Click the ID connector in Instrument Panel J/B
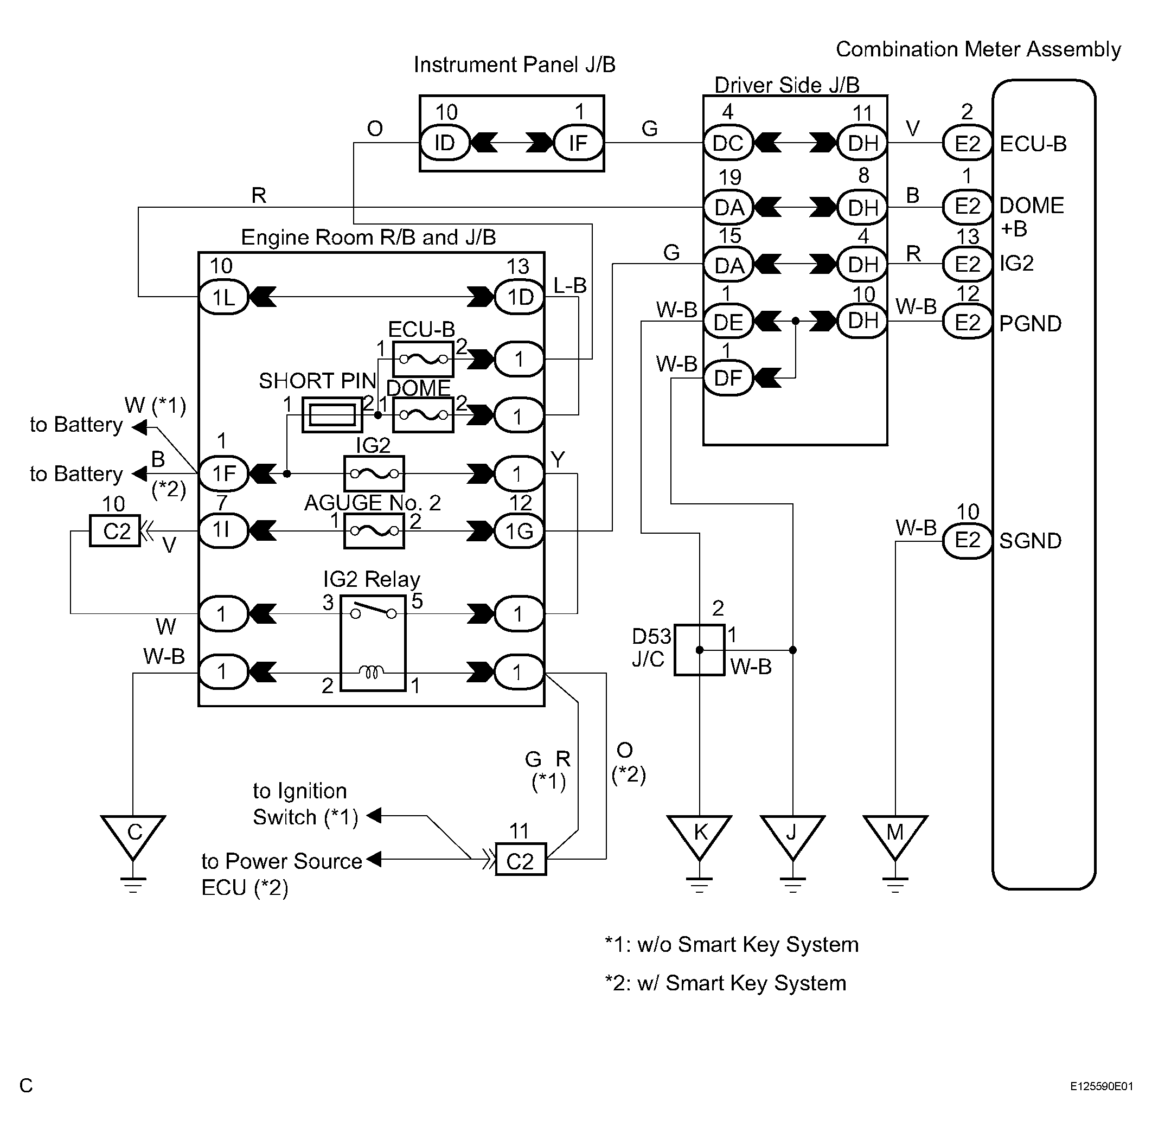[445, 143]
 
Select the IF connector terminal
[578, 143]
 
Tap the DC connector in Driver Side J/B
[728, 143]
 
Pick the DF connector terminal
[728, 378]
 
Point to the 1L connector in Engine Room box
[223, 296]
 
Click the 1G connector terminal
[520, 531]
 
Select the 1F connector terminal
[223, 473]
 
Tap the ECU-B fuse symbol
[423, 359]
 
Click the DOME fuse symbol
[423, 415]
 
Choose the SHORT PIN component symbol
[332, 415]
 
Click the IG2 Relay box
[373, 643]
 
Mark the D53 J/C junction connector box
[699, 650]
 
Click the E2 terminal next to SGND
[968, 540]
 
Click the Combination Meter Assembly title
[978, 49]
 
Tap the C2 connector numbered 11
[521, 859]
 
